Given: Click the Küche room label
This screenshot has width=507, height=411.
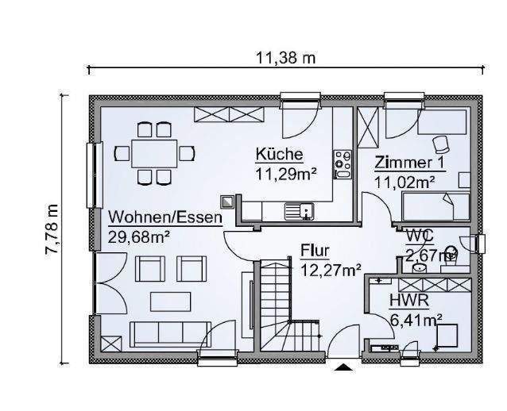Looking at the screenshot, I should point(278,154).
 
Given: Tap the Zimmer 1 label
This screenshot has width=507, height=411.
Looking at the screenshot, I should point(409,163).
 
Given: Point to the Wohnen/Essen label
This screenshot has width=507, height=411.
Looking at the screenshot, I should point(165,217).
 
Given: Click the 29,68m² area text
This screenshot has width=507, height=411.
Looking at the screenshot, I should point(140,236).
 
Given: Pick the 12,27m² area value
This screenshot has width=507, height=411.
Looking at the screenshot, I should point(331,269).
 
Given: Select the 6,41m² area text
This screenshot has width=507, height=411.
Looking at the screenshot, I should point(416,321).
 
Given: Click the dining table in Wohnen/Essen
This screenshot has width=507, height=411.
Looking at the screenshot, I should point(153,152).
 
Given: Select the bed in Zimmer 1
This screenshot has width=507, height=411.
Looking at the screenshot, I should point(436,208).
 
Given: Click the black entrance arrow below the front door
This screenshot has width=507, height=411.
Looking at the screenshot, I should point(343,367).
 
